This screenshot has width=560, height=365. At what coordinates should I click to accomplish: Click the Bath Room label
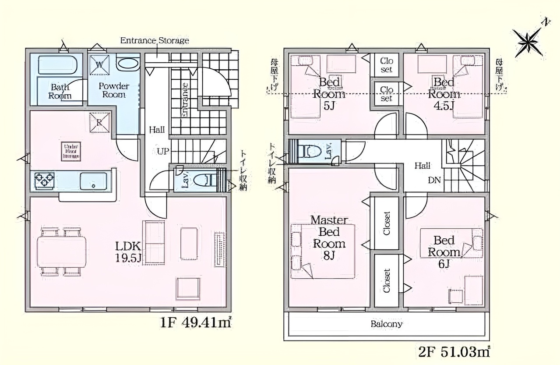[x=60, y=91]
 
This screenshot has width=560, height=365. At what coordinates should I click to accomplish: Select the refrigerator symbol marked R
[x=99, y=122]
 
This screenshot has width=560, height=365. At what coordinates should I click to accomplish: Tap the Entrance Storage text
[x=155, y=41]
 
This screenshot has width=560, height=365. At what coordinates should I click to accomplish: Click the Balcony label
[x=386, y=324]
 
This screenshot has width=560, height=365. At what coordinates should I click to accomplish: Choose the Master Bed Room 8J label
[x=329, y=237]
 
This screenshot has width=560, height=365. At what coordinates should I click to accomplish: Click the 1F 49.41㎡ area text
[x=196, y=323]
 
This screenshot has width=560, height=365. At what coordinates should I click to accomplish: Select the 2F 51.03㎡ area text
[x=453, y=351]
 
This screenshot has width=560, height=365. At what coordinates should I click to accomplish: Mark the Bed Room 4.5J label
[x=444, y=94]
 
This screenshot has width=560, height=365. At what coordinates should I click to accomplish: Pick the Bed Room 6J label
[x=444, y=252]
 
